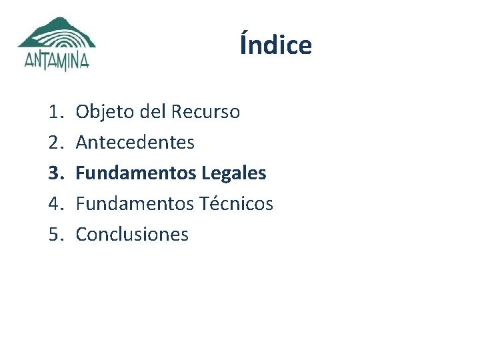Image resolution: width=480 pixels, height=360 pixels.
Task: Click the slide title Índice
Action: [x=275, y=45]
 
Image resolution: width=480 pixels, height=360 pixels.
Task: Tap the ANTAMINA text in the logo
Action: [x=57, y=61]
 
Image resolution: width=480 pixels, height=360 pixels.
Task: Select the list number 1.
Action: [x=55, y=112]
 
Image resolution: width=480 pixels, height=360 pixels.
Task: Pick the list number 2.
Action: [x=55, y=143]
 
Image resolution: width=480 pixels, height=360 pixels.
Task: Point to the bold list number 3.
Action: [x=55, y=173]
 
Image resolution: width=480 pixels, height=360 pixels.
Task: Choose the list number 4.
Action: [x=55, y=204]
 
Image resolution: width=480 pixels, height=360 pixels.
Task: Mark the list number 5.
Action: [x=55, y=235]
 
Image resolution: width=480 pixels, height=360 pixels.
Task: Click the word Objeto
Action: [x=105, y=112]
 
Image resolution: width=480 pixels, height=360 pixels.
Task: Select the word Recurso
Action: [x=205, y=112]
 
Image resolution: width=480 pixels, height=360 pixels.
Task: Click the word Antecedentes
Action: [x=135, y=143]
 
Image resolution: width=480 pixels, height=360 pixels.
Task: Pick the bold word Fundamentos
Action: [x=135, y=173]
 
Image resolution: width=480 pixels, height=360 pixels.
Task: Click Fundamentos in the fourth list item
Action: [x=135, y=204]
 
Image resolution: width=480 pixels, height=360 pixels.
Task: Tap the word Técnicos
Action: [x=236, y=204]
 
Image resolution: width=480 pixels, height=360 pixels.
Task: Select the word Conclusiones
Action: [x=132, y=235]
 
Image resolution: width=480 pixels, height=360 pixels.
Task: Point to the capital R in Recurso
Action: [x=177, y=112]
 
